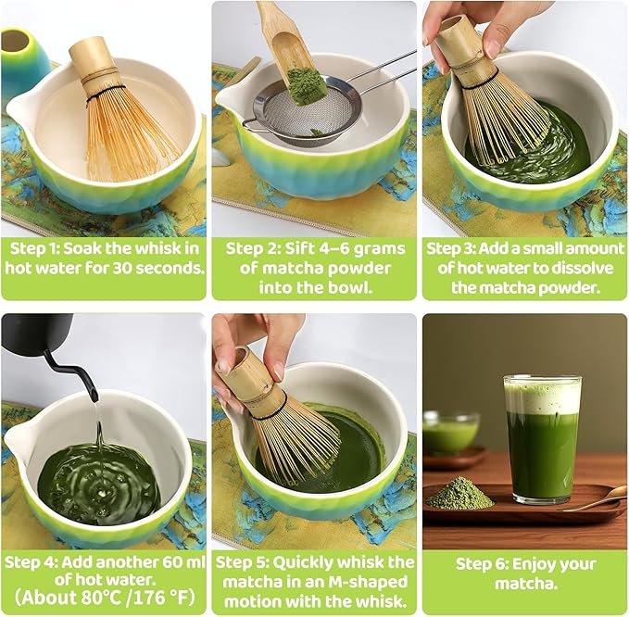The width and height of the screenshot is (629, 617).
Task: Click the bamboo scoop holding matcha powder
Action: tap(289, 56)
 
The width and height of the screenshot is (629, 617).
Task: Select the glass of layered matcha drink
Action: tap(542, 440)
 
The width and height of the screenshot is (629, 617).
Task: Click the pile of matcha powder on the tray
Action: tap(460, 494)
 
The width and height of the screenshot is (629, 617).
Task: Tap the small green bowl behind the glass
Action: tap(450, 434)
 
